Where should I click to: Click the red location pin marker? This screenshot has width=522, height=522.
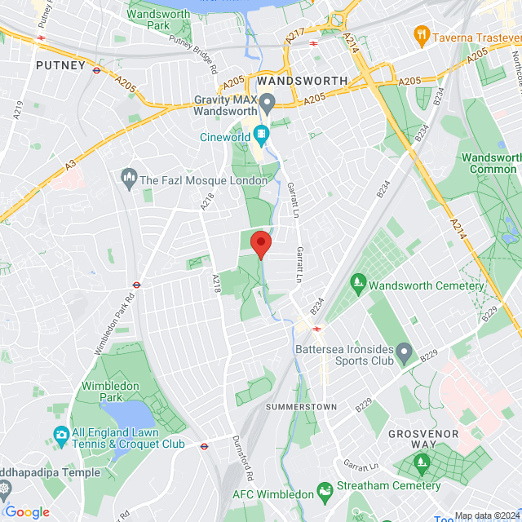(x=260, y=244)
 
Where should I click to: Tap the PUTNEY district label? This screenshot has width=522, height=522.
(x=60, y=65)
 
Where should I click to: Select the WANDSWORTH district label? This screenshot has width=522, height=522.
(x=302, y=82)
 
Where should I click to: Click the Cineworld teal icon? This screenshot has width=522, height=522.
(x=260, y=134)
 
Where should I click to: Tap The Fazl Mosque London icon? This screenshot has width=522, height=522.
(x=128, y=176)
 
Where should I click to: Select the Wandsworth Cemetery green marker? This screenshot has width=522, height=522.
(x=357, y=283)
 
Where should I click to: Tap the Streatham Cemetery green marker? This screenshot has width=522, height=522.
(x=422, y=465)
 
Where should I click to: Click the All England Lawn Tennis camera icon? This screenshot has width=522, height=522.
(x=60, y=435)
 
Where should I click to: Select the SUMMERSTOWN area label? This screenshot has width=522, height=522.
(x=301, y=405)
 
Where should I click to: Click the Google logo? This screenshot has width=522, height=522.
(x=27, y=511)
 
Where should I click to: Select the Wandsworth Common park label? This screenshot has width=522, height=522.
(x=489, y=163)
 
